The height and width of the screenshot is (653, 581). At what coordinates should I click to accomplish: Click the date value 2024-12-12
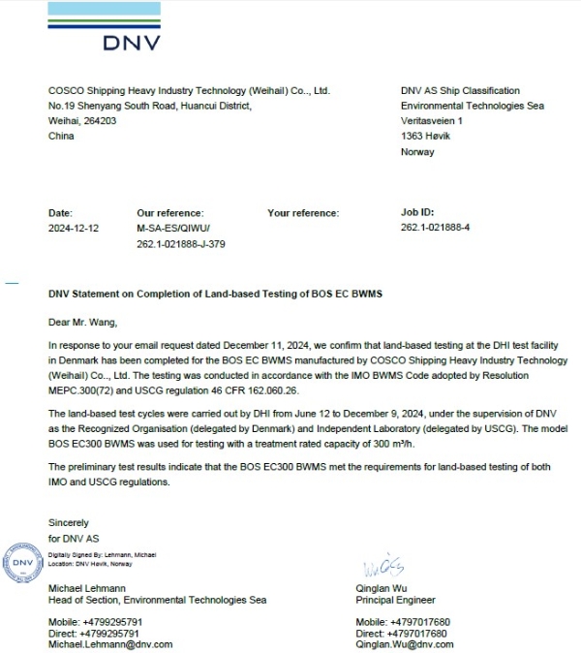tap(75, 229)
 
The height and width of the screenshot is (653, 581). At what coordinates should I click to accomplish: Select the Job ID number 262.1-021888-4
tap(435, 229)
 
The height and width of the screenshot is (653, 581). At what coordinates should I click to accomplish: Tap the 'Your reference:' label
tap(303, 213)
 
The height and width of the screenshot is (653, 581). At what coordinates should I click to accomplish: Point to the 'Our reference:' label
tap(170, 213)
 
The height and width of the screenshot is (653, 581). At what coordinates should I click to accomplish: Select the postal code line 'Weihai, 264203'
tap(82, 121)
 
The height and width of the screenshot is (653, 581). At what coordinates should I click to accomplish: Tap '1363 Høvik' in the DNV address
tap(425, 137)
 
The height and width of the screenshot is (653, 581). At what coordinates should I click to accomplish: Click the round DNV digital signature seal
tap(22, 561)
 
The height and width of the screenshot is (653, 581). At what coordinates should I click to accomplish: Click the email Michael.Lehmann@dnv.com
tap(110, 644)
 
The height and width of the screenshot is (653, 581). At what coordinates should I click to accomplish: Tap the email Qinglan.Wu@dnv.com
tap(404, 644)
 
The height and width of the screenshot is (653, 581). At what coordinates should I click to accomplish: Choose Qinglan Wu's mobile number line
tap(403, 622)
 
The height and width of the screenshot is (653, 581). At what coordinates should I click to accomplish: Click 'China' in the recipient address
tap(61, 137)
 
